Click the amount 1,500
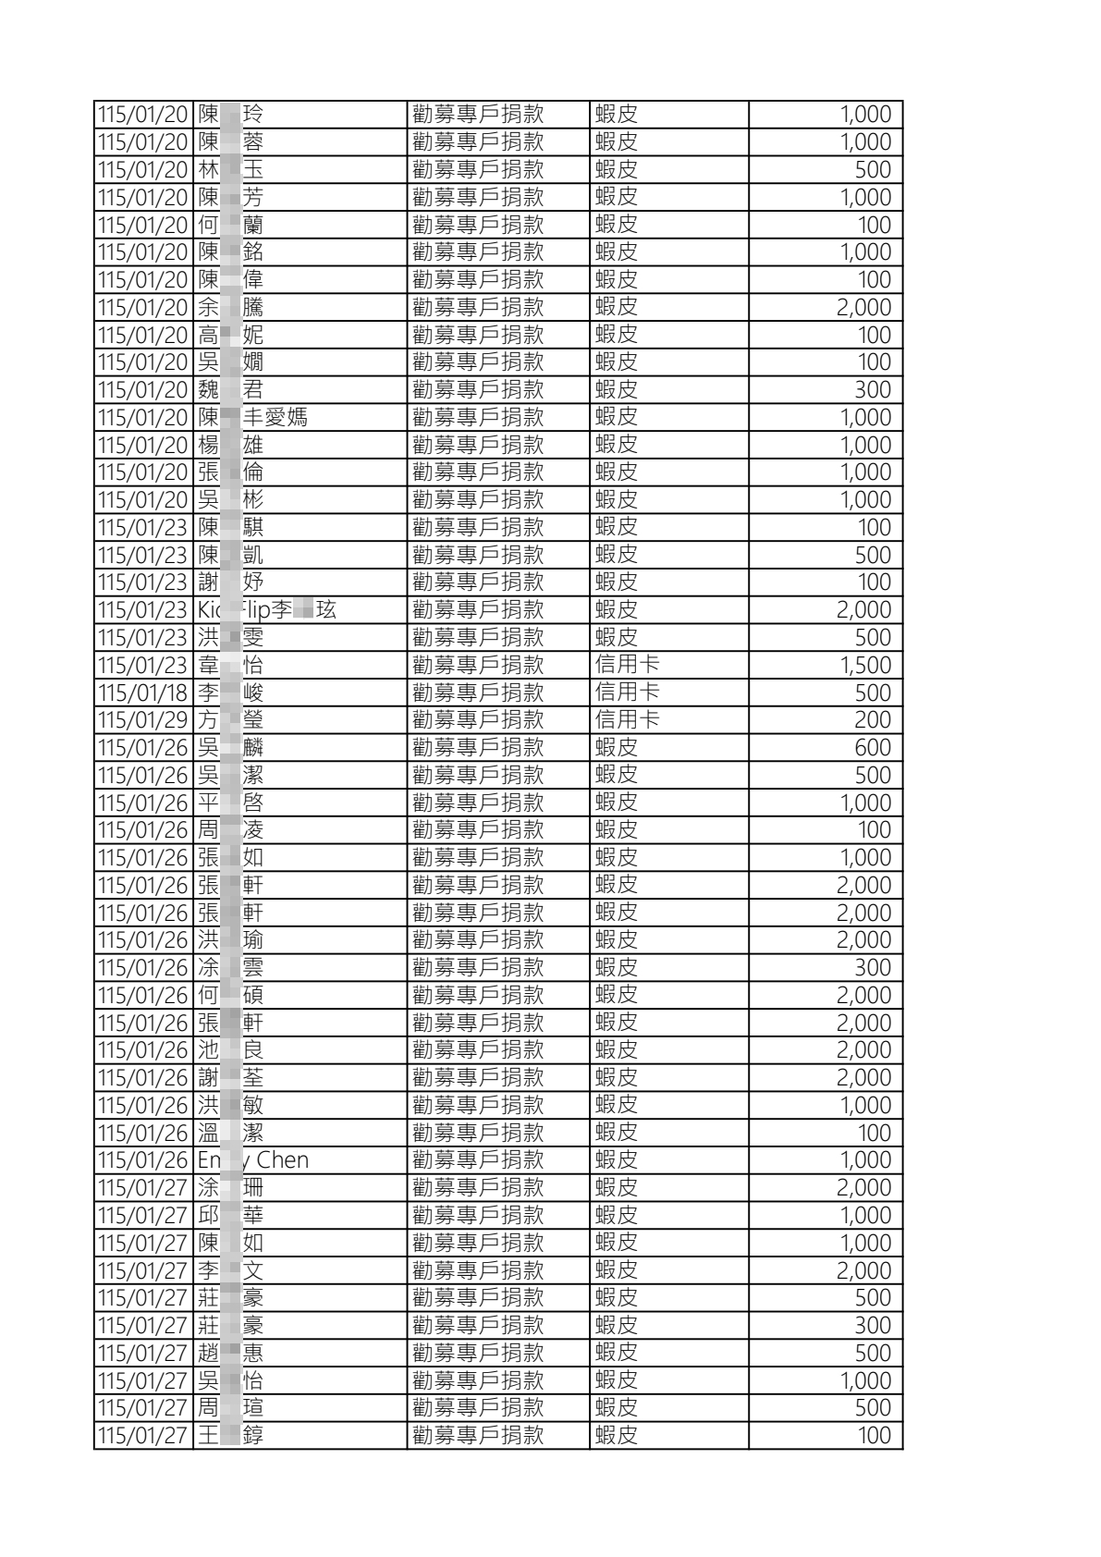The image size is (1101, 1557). click(x=865, y=665)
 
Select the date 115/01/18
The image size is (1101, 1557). click(x=142, y=693)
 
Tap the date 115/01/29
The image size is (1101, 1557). click(x=142, y=720)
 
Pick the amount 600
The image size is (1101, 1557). click(x=873, y=747)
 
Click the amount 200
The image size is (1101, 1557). click(x=873, y=720)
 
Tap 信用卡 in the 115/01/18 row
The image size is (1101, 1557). click(x=627, y=693)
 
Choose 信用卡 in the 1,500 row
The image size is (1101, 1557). click(x=627, y=665)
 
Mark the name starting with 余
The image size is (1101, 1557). click(x=230, y=307)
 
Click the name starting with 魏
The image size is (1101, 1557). click(x=230, y=389)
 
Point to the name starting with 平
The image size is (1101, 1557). click(x=230, y=803)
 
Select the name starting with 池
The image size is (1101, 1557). click(x=230, y=1049)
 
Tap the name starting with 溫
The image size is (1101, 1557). click(x=230, y=1133)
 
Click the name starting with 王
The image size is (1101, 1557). click(x=230, y=1435)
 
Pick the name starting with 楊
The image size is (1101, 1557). click(x=230, y=445)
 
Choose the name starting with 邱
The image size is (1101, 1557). click(x=230, y=1215)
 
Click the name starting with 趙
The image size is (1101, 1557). click(x=230, y=1353)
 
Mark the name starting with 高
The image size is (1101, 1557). click(x=230, y=335)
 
